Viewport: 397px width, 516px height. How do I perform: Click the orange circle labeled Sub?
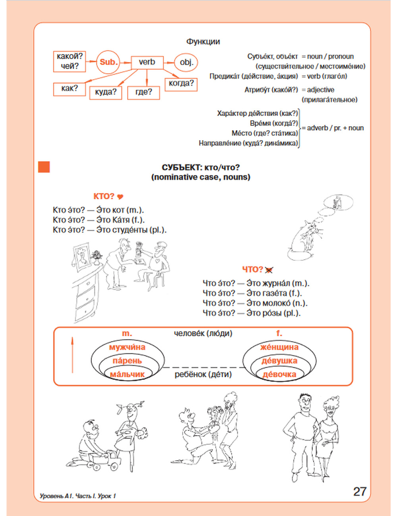108,62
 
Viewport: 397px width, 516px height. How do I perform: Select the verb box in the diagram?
146,62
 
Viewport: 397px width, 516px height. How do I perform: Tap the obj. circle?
186,62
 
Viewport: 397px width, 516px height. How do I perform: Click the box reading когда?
181,84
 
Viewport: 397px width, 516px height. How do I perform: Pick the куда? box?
106,92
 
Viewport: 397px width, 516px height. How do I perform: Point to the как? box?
69,89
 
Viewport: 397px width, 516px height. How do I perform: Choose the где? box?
143,92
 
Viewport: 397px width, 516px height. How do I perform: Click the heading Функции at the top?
203,42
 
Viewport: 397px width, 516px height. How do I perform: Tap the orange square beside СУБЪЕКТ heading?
44,167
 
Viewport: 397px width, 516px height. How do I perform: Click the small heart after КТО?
121,197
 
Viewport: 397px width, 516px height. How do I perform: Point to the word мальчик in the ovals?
127,374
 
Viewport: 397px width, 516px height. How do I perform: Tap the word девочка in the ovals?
279,374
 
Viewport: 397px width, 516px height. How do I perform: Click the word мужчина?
127,347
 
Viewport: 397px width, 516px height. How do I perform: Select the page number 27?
360,491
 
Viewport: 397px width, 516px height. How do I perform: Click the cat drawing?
306,240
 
